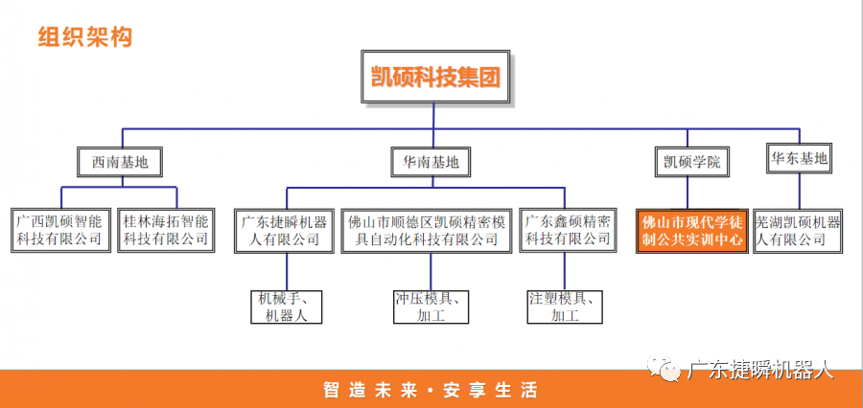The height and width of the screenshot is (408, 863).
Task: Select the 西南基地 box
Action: pos(120,162)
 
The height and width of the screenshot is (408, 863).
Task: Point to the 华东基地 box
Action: pos(799,159)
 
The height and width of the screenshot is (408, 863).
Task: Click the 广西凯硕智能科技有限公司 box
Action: pos(59,230)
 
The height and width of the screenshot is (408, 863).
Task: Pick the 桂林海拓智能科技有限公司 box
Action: pos(165,230)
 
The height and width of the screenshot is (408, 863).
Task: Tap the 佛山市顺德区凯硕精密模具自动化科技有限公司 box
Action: pos(429,230)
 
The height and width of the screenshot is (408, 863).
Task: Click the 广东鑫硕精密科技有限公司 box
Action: pos(568,230)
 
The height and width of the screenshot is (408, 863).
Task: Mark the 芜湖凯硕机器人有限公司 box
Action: pos(798,230)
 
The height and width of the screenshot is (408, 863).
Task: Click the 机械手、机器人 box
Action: pos(285,306)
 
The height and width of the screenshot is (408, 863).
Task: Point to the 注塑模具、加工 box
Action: pos(568,306)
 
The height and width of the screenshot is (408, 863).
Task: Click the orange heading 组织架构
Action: pos(84,37)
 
